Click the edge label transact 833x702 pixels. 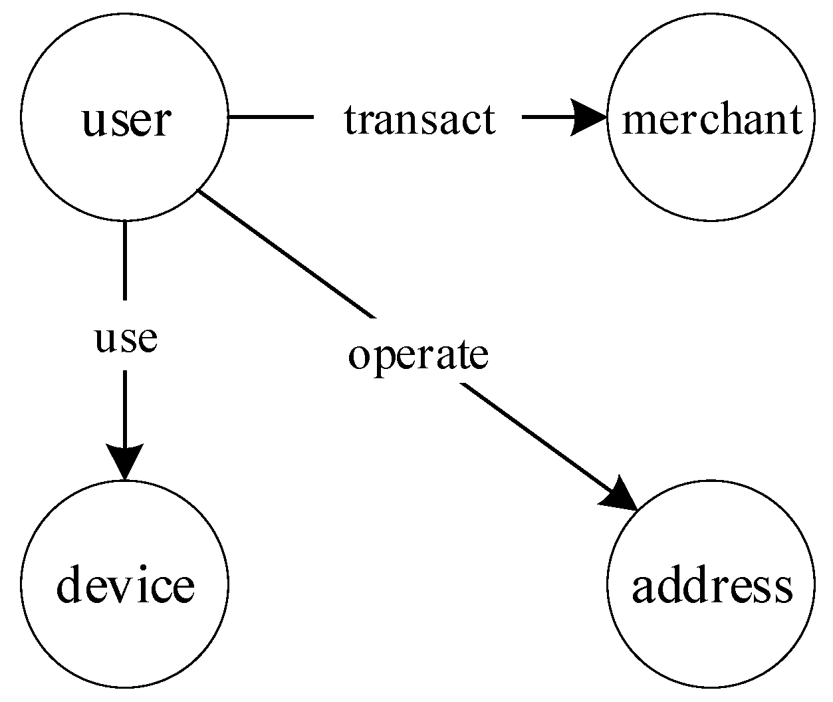point(419,120)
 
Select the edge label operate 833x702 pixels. point(418,356)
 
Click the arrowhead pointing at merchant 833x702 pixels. point(589,118)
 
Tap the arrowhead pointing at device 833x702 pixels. point(124,459)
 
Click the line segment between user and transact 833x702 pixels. point(270,118)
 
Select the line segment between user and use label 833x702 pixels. point(124,259)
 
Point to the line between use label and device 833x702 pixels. point(124,406)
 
